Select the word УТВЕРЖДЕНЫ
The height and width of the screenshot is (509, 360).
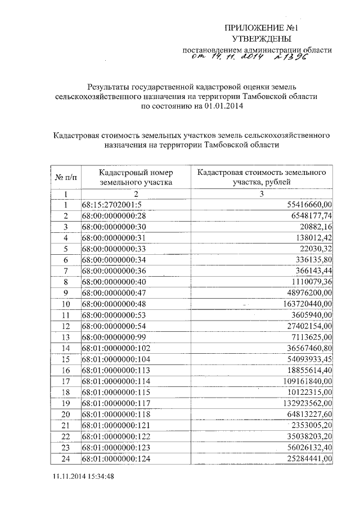click(x=262, y=39)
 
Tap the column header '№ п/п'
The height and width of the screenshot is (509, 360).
click(x=66, y=177)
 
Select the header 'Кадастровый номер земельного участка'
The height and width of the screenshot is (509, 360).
click(x=136, y=177)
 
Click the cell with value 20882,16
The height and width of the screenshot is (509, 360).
click(x=317, y=226)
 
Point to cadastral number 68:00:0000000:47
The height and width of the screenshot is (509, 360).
click(x=114, y=292)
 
